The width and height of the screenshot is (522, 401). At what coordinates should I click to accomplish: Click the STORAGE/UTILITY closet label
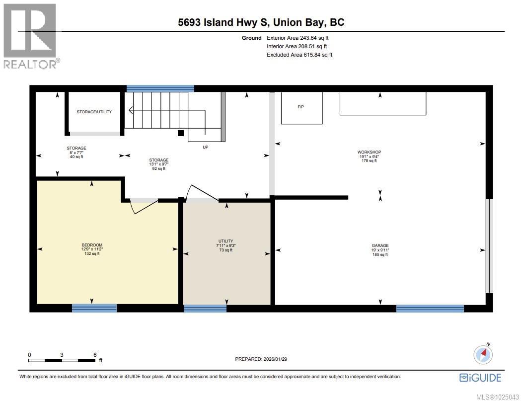[x=94, y=112]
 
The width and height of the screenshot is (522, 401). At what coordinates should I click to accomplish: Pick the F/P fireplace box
[x=301, y=108]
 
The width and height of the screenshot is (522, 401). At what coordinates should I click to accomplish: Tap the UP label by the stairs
[x=205, y=147]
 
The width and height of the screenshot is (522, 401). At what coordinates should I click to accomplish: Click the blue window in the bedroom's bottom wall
[x=94, y=308]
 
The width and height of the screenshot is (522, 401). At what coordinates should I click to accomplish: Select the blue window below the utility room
[x=205, y=309]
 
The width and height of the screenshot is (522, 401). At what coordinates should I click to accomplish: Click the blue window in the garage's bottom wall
[x=430, y=309]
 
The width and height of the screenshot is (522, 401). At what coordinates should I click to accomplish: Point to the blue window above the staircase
[x=160, y=88]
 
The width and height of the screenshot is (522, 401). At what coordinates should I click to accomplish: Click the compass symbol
[x=483, y=354]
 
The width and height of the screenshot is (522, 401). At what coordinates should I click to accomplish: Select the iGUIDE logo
[x=480, y=378]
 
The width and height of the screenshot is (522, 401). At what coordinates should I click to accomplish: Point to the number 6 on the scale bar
[x=94, y=354]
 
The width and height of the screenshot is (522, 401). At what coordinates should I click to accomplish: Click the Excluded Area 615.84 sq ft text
[x=299, y=55]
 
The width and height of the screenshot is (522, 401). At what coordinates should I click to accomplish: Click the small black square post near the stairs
[x=181, y=133]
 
